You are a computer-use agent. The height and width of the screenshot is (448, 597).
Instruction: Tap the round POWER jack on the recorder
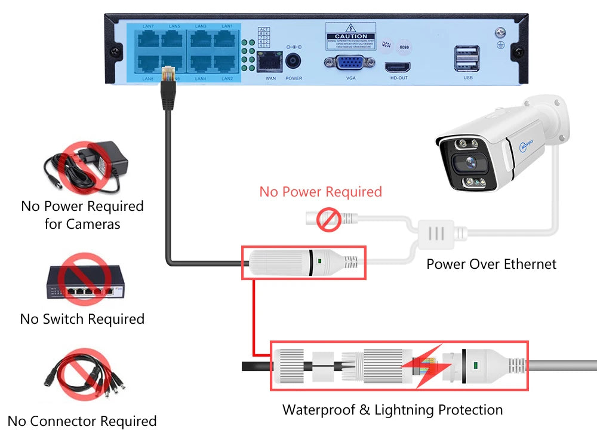293,62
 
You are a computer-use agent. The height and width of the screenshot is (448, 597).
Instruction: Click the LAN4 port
201,65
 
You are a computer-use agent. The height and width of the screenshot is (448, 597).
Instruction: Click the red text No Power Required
320,192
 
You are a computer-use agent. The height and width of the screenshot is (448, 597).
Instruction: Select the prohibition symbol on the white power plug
328,220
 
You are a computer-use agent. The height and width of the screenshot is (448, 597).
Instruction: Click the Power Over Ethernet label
491,264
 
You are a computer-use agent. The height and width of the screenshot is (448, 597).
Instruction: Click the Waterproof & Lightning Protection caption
392,410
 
